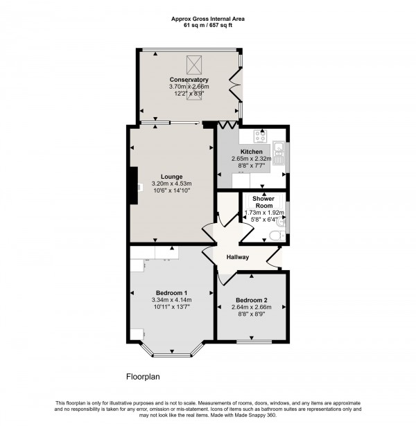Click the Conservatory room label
[x=189, y=80]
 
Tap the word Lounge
[x=171, y=176]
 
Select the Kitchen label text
[x=251, y=152]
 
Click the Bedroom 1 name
[x=171, y=292]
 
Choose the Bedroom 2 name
[x=251, y=301]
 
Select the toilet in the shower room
[x=277, y=237]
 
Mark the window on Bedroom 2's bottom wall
[x=251, y=341]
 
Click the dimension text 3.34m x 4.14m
[x=171, y=299]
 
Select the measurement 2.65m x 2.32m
[x=251, y=159]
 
